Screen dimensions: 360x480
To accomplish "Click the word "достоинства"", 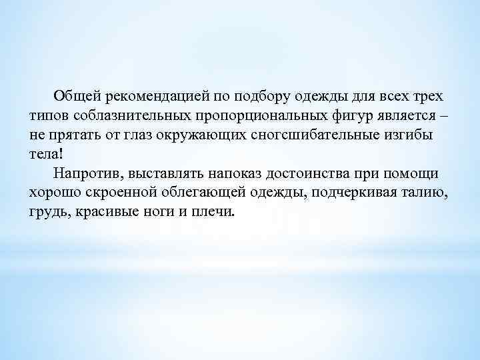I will (x=308, y=173).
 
